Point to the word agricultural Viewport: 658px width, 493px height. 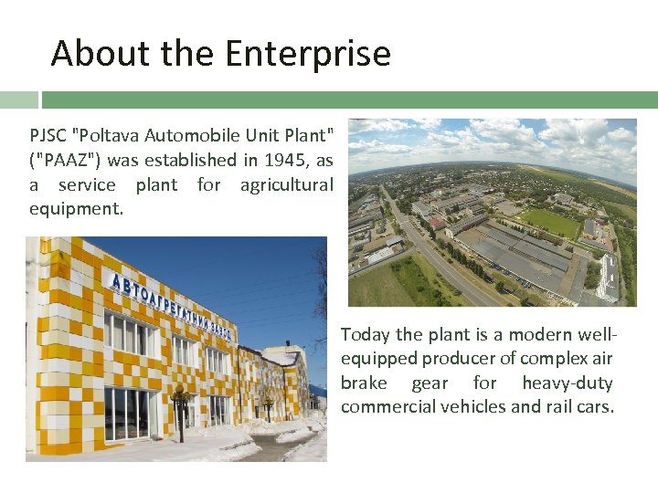click(x=286, y=184)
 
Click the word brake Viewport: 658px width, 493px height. click(x=363, y=383)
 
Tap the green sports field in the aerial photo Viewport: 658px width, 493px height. click(x=549, y=222)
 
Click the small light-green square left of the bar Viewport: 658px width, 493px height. click(x=18, y=100)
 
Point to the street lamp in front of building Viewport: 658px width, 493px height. click(x=180, y=415)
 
